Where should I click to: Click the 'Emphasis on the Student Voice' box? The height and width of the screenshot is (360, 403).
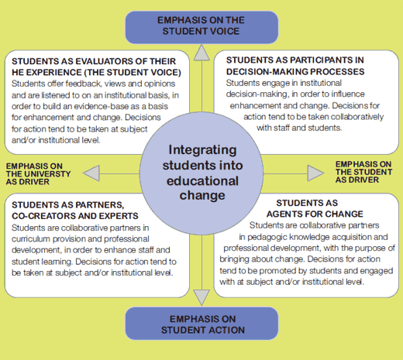(x=201, y=27)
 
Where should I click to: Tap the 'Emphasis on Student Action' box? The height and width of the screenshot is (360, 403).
(x=201, y=324)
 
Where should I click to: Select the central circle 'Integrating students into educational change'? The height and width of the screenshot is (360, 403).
(x=201, y=173)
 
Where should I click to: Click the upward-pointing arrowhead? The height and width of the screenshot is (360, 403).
(x=201, y=53)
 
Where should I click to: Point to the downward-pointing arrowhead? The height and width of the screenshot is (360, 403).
(x=201, y=297)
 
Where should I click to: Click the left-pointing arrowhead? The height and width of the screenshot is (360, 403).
(x=91, y=173)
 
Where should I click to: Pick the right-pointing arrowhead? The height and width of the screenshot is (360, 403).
(x=315, y=173)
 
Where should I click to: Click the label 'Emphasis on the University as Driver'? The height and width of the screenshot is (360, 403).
(x=38, y=174)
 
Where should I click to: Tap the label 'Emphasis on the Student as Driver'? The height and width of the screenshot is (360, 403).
(x=363, y=172)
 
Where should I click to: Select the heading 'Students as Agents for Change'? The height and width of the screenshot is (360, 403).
(x=315, y=208)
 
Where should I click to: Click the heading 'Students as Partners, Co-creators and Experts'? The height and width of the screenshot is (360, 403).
(x=75, y=211)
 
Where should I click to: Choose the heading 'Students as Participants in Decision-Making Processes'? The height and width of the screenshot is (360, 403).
(x=295, y=66)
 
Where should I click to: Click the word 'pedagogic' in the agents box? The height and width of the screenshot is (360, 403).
(x=267, y=237)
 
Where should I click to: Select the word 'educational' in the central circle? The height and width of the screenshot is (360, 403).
(x=202, y=181)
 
